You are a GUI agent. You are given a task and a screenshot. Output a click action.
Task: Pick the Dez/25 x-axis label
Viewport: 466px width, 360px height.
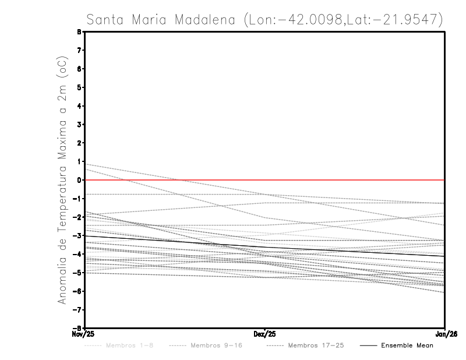click(265, 334)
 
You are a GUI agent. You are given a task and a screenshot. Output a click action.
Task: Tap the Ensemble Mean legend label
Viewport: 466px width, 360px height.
click(407, 345)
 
